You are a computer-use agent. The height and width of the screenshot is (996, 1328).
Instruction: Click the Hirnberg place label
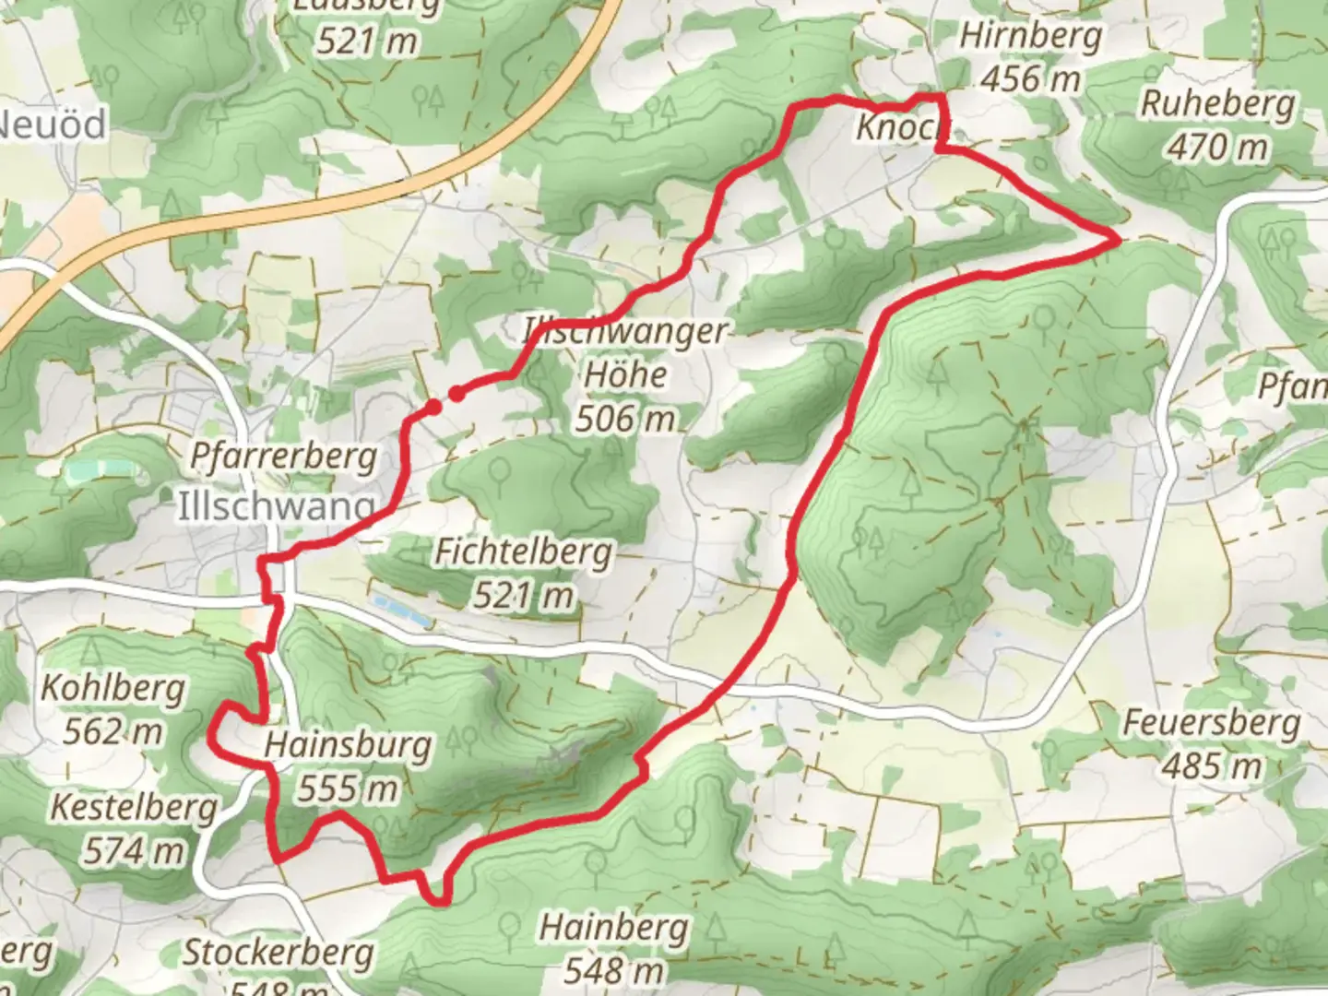click(x=1030, y=37)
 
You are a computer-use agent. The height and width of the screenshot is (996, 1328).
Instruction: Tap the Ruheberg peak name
click(x=1217, y=104)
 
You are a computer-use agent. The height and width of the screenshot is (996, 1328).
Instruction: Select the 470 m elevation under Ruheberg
click(x=1217, y=147)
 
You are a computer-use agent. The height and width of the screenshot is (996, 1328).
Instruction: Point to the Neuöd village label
click(x=53, y=125)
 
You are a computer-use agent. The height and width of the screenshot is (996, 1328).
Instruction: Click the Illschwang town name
click(x=276, y=506)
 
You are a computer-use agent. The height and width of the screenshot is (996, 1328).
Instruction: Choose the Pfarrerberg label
click(x=283, y=456)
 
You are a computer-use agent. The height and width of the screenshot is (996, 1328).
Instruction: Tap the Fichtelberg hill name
click(x=523, y=552)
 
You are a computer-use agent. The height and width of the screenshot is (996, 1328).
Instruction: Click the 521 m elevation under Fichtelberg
click(x=523, y=596)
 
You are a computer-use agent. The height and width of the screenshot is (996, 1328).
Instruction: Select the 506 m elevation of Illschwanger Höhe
click(x=625, y=420)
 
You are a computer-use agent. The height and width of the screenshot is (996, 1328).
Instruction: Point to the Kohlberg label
click(x=113, y=689)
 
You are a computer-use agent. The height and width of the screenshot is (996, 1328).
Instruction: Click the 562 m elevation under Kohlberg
click(x=113, y=732)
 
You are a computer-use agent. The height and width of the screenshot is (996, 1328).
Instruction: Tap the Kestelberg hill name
click(x=134, y=808)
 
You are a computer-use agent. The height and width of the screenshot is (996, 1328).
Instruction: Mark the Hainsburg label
click(x=348, y=745)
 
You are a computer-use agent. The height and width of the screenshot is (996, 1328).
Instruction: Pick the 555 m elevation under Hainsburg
click(x=348, y=788)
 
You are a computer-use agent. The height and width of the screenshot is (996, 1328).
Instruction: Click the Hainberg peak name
click(x=613, y=927)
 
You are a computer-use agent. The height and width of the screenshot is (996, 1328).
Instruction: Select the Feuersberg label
click(x=1211, y=723)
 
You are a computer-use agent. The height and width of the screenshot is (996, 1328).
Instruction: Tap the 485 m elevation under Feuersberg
click(x=1211, y=766)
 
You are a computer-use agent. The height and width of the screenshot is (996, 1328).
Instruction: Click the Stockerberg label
click(x=278, y=953)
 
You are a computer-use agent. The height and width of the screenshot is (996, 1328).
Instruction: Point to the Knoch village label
click(x=895, y=128)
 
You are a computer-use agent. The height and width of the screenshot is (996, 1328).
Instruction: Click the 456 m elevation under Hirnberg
click(x=1030, y=80)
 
